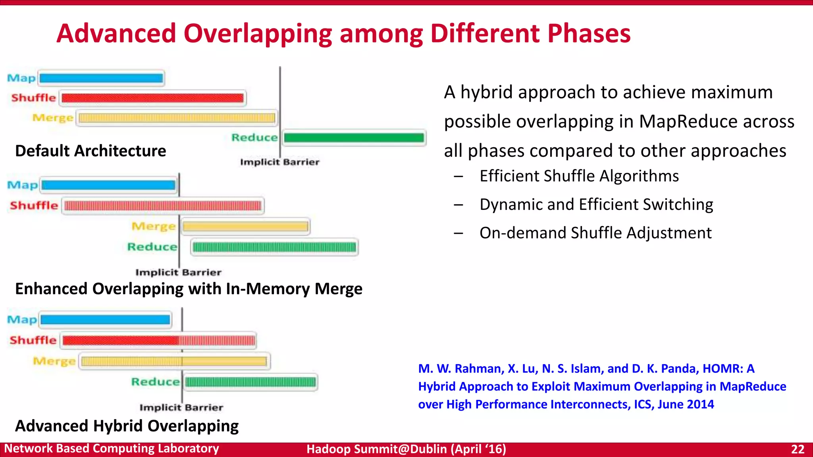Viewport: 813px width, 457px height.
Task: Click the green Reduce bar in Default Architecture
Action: click(x=354, y=138)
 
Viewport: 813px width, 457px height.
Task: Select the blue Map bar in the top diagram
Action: click(x=101, y=78)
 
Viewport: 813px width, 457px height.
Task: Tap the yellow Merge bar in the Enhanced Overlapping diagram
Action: click(x=245, y=227)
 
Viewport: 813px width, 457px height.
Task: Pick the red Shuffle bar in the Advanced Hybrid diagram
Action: click(x=158, y=340)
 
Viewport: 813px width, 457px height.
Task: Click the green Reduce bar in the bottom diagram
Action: click(x=250, y=382)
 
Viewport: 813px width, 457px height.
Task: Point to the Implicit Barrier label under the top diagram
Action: click(x=279, y=162)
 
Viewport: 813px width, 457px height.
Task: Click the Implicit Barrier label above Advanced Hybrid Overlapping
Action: click(x=181, y=407)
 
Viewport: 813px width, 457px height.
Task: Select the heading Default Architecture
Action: click(x=91, y=151)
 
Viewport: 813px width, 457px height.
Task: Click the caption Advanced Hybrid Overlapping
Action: click(x=127, y=426)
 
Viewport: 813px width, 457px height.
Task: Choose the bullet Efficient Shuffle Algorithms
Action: click(x=579, y=176)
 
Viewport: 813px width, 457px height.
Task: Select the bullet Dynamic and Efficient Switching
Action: click(x=596, y=204)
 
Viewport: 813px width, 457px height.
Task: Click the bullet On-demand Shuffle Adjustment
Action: click(x=595, y=233)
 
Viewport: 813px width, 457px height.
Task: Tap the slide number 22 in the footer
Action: click(x=798, y=449)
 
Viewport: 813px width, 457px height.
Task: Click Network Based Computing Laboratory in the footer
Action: click(x=112, y=449)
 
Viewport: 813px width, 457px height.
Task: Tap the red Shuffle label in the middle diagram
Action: click(x=34, y=205)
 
